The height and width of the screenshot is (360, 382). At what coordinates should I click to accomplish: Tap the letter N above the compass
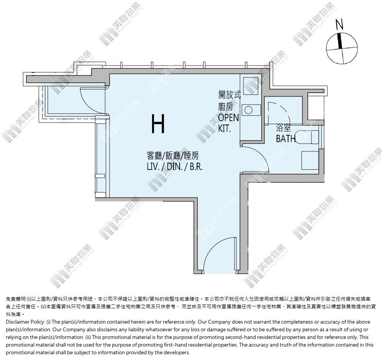coord(339,25)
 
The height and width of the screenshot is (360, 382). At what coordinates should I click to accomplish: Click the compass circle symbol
coord(342,48)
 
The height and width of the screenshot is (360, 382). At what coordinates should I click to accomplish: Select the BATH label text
coord(286,139)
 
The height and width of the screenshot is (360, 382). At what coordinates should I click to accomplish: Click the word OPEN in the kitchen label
coord(228,118)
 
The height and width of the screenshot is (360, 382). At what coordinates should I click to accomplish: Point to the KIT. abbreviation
coord(225,128)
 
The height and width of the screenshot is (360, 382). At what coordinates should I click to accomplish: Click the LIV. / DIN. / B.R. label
coord(175,167)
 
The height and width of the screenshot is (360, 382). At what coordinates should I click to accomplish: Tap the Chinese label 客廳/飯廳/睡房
coord(173,155)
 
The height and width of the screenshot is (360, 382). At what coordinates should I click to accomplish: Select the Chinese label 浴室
coord(283,128)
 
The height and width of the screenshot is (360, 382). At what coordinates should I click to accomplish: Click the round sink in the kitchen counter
coord(249,110)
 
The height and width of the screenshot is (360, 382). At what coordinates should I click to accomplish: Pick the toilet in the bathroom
coord(307,137)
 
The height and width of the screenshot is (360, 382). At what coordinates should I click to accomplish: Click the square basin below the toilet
coord(310,160)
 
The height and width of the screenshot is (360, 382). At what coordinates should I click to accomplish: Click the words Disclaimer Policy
coord(25,322)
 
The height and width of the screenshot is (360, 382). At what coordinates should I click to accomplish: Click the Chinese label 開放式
coord(230,95)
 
